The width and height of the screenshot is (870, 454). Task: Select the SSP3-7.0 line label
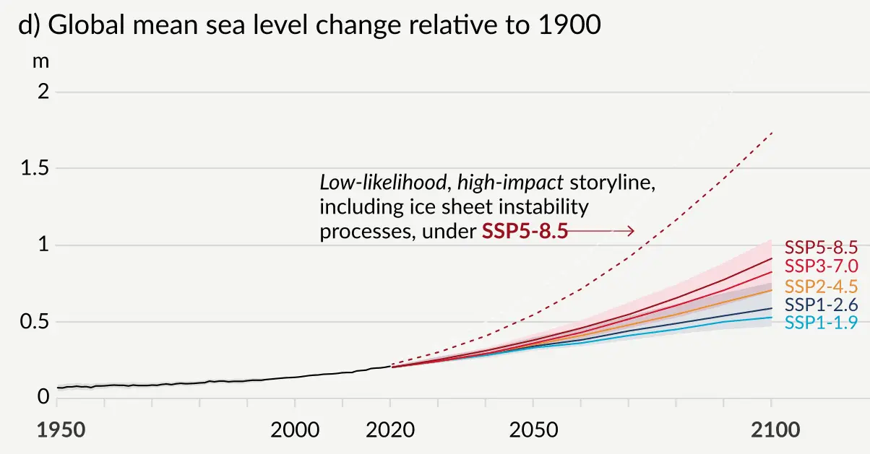pos(821,266)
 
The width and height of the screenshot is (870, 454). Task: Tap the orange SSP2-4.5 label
pos(821,286)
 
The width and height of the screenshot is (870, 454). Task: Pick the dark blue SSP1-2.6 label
pos(821,305)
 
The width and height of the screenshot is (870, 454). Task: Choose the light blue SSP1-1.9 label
pos(821,323)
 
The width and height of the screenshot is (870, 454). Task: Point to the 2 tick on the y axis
pos(43,92)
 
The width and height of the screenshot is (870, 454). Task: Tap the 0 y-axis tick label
pos(43,398)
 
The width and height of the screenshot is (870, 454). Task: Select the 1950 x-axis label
pos(61,430)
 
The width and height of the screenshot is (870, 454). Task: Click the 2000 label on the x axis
pos(295,430)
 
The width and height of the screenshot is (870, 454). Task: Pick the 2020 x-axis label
pos(390,430)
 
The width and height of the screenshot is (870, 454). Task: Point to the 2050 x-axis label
pos(533,430)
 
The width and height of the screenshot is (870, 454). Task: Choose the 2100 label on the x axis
pos(771,430)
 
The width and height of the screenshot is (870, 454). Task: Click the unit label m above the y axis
pos(41,61)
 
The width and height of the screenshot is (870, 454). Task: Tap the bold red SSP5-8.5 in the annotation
pos(525,232)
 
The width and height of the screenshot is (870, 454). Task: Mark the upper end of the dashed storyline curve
pos(772,133)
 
